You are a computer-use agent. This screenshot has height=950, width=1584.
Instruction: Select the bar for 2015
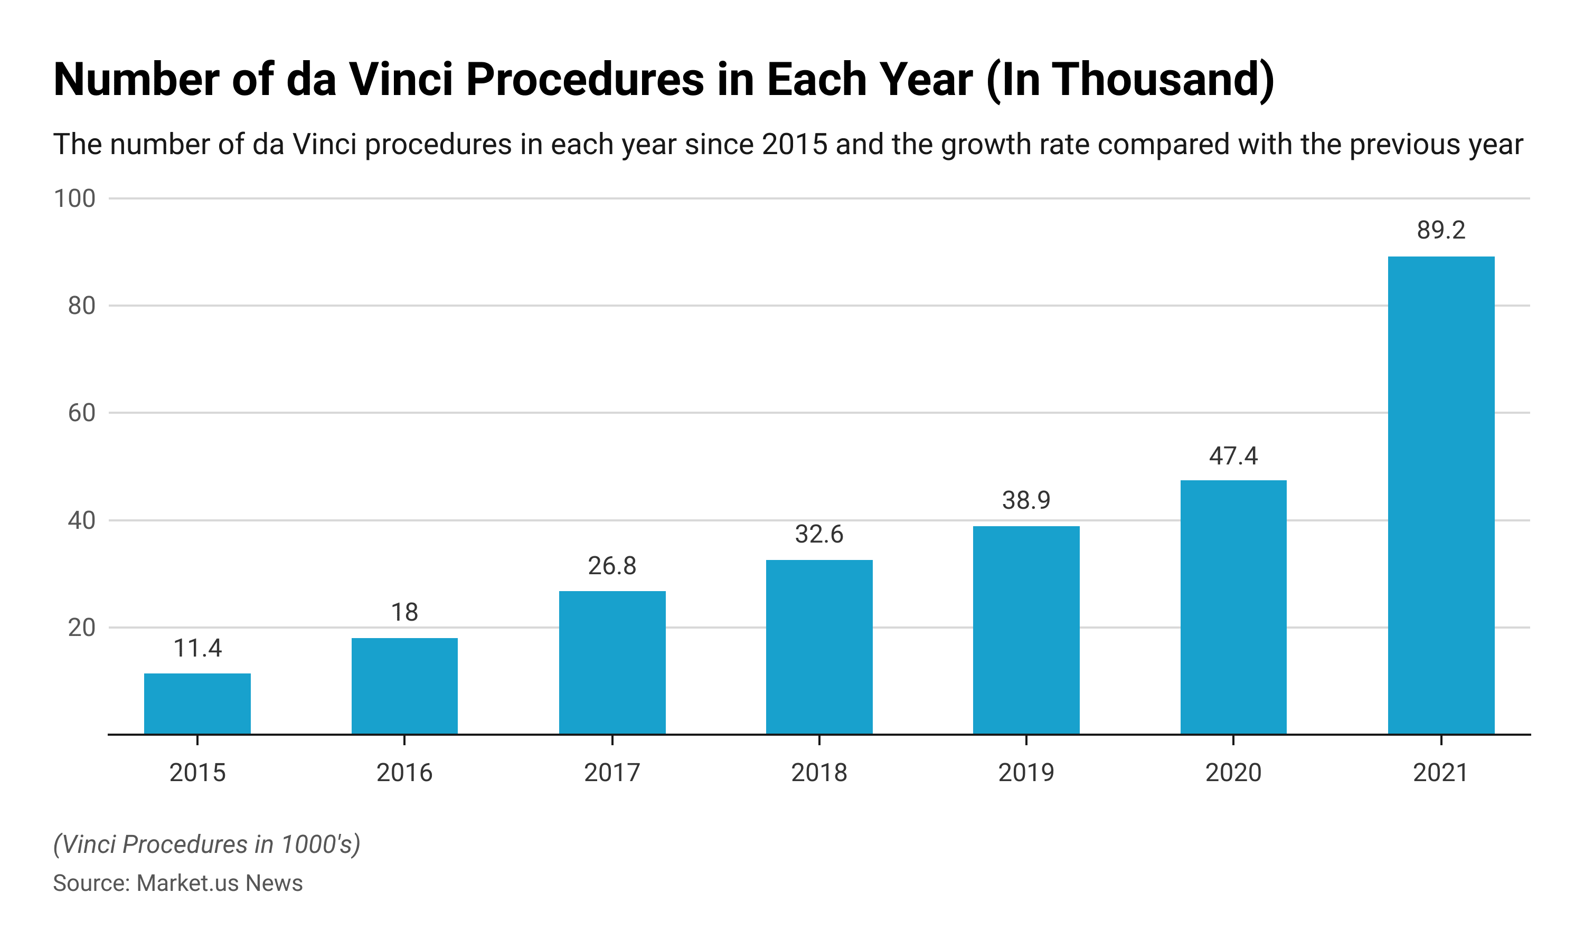coord(197,704)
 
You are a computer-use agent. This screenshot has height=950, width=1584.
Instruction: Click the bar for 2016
coord(404,686)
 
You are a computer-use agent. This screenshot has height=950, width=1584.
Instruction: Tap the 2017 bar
coord(612,662)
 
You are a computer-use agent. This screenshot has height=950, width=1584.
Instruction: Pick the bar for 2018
coord(819,647)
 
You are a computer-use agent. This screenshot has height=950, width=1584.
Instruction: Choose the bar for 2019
coord(1026,630)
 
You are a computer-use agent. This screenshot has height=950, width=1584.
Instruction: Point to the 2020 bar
coord(1233,607)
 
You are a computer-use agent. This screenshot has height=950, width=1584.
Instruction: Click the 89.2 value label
coord(1440,230)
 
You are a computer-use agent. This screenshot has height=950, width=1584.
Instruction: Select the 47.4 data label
coord(1233,456)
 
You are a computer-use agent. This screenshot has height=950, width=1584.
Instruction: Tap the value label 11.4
coord(197,649)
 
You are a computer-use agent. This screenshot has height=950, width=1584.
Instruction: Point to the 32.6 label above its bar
coord(819,534)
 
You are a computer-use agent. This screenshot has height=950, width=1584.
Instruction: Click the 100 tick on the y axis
coord(74,198)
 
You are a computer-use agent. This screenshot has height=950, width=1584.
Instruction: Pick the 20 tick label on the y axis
coord(81,628)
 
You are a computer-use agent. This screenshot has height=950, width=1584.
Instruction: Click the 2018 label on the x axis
coord(819,773)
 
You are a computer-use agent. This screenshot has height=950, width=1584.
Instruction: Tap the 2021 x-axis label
coord(1440,773)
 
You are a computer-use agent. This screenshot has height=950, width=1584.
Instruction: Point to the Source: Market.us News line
coord(177,883)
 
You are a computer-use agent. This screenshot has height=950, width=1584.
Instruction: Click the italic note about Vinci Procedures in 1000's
coord(206,844)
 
